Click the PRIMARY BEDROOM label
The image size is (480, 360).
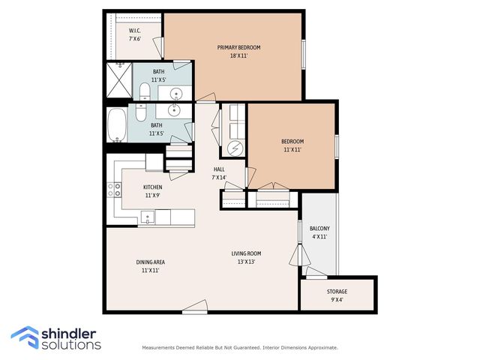coord(238,47)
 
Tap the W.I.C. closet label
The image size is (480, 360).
coord(135,31)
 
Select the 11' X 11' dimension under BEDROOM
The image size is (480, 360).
coord(292,150)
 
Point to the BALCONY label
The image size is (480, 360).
coord(319,228)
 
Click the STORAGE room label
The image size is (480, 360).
coord(337,292)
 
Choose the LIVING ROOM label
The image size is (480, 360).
coord(246,253)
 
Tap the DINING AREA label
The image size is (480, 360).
coord(150,262)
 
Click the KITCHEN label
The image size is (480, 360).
coord(153,187)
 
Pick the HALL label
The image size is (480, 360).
coord(219,169)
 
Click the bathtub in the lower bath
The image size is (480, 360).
coord(117,125)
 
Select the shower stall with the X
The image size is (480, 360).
coord(119,80)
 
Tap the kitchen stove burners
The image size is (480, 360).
coord(114,190)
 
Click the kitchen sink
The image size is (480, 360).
coord(148,217)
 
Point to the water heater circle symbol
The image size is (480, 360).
coord(235,148)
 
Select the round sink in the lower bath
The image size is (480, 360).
coord(174,111)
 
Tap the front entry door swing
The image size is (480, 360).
coord(195,307)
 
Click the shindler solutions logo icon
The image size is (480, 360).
coord(25,337)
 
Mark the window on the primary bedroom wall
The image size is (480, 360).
coord(304,55)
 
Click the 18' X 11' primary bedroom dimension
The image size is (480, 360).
coord(238,56)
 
